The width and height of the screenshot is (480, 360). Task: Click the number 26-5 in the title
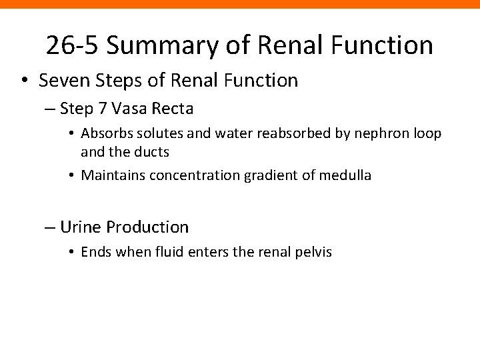71,45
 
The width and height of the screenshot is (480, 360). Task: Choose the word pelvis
313,253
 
